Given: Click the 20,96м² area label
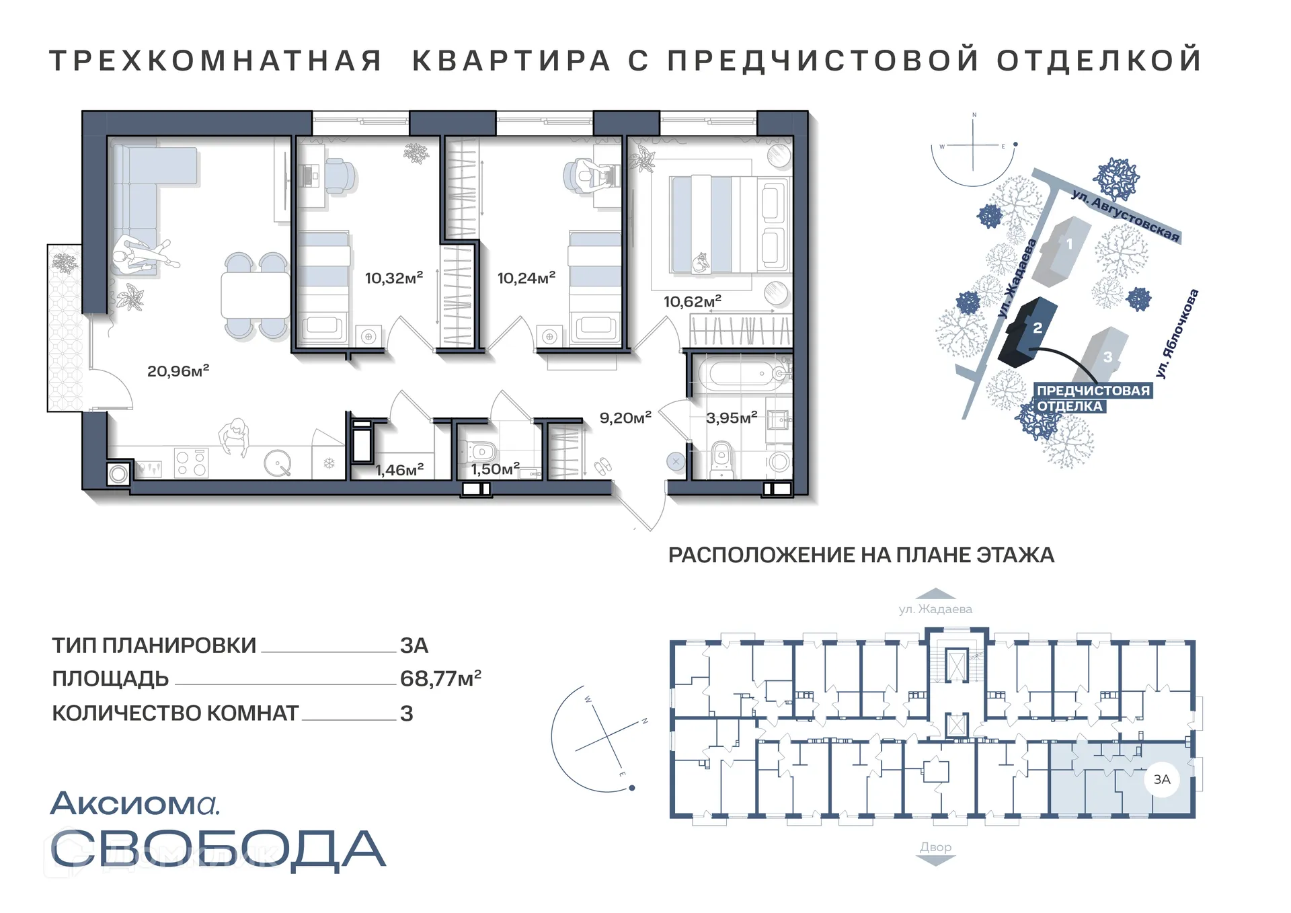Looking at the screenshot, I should [178, 370].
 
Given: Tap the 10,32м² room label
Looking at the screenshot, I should [393, 278].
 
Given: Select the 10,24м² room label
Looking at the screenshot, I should [526, 278].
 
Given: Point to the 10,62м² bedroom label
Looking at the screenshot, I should [692, 301].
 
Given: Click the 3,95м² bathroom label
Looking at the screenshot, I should [731, 418].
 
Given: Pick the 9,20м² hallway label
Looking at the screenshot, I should [625, 418].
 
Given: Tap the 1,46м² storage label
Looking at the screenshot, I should [399, 470].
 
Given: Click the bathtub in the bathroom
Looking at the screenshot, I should [740, 374].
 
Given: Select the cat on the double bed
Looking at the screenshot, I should [701, 262].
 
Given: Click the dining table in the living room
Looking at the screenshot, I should [255, 296].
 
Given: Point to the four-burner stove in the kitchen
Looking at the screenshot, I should [191, 463].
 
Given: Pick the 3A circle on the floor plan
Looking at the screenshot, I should [1161, 779].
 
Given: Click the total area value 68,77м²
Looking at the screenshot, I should [440, 678].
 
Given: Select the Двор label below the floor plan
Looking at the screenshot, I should [935, 847].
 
